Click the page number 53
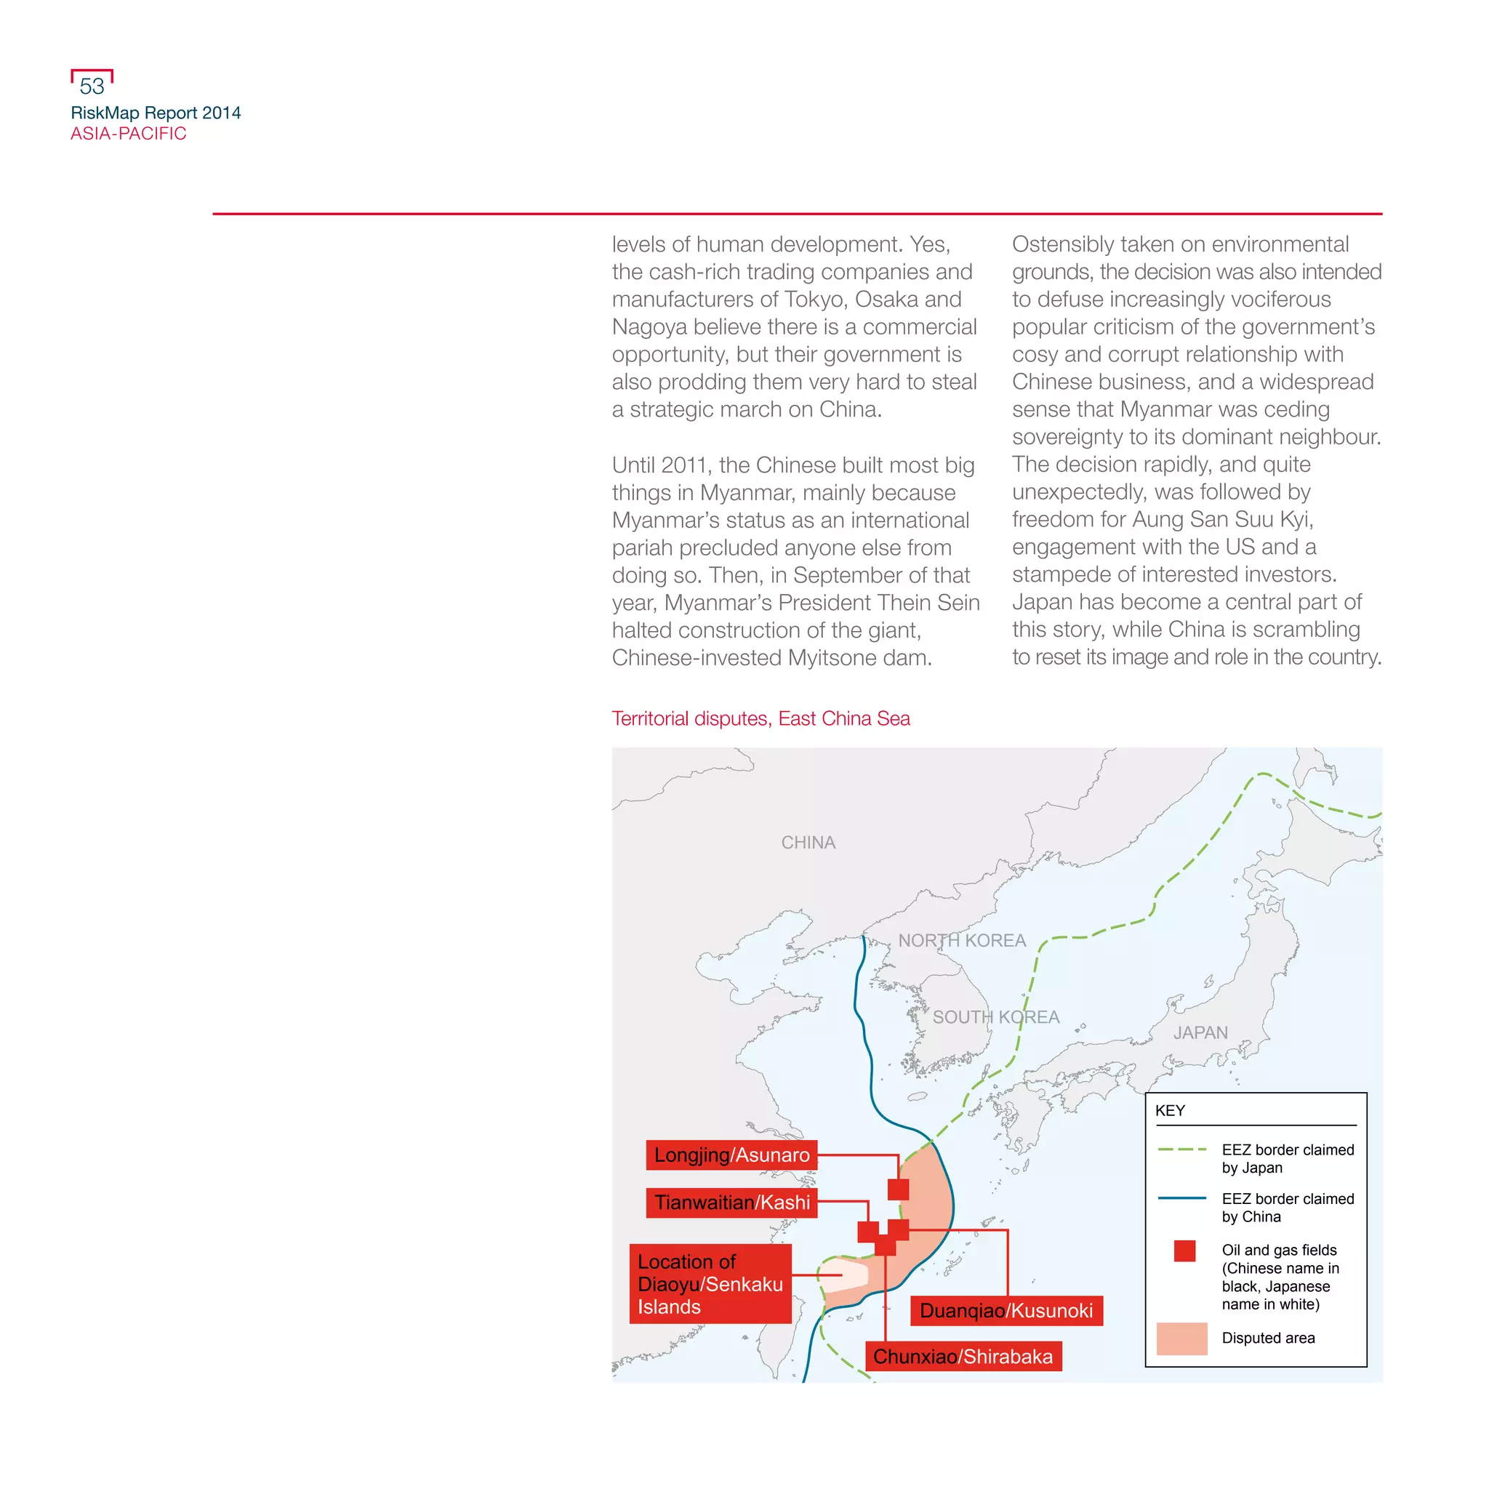92,87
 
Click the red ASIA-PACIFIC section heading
128,133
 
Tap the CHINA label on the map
808,843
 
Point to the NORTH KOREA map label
962,940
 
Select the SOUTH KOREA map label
996,1017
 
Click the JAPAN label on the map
1200,1032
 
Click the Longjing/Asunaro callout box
731,1155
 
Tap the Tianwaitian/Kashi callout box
731,1203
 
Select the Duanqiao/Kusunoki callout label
1006,1310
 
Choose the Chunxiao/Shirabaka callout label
963,1357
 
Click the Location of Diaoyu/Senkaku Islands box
710,1284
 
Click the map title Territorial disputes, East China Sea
760,718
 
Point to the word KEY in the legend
1169,1111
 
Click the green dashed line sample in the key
1181,1149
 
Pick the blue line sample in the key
1181,1198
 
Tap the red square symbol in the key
1184,1251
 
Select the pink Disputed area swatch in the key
1181,1339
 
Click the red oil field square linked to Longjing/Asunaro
898,1189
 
